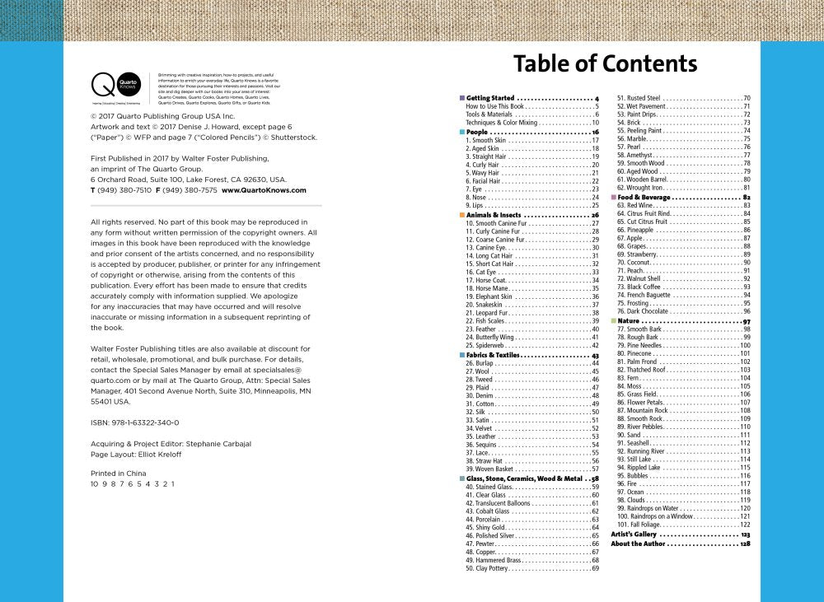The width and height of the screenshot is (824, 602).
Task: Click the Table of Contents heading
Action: coord(605,64)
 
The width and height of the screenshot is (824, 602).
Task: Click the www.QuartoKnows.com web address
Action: coord(264,189)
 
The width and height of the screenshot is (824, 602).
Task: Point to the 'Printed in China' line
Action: coord(118,474)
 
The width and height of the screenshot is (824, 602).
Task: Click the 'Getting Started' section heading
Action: coord(490,98)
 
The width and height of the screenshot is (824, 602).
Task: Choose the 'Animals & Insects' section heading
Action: coord(494,215)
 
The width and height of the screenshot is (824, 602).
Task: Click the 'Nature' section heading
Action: coord(628,320)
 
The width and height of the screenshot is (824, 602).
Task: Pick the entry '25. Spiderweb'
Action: coord(486,345)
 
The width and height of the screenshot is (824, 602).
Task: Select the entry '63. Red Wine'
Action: coord(641,205)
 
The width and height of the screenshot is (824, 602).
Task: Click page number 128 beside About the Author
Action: coord(745,544)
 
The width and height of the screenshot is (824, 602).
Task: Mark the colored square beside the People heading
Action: coord(461,132)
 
